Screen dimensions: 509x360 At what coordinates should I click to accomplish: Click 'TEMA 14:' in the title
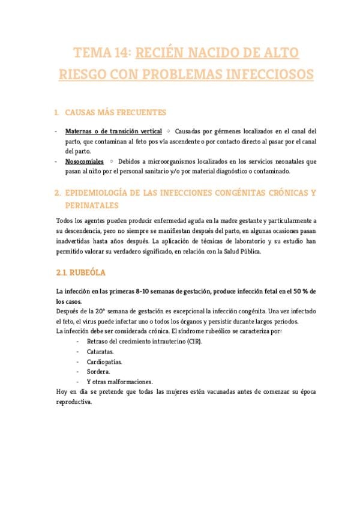pos(101,53)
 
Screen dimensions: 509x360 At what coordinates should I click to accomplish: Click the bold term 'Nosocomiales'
pos(84,161)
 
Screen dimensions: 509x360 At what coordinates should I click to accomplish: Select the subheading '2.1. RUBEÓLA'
pos(80,273)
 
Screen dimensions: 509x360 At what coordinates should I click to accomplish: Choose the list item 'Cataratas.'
pos(100,352)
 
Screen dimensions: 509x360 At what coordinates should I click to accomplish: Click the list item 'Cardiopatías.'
pos(104,362)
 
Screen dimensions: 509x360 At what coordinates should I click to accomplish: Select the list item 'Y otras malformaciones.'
pos(119,382)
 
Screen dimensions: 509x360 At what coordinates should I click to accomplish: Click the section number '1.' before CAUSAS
pos(57,112)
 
